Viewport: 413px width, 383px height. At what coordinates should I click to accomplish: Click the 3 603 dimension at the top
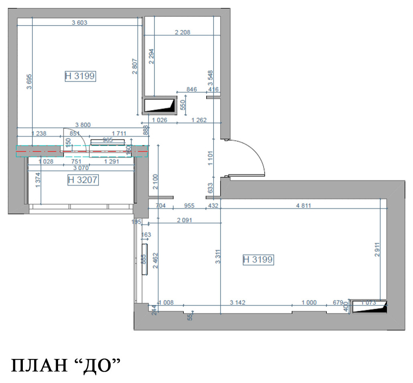click(x=79, y=23)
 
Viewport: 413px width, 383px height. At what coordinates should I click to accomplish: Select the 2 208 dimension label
click(x=182, y=32)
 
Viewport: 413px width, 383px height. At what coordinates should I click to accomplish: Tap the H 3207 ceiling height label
click(x=83, y=180)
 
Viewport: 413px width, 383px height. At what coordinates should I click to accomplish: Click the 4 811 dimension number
click(x=304, y=206)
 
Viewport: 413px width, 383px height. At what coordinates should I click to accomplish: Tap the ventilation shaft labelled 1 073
click(x=369, y=306)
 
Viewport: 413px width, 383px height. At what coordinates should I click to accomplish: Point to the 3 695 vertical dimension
click(x=29, y=82)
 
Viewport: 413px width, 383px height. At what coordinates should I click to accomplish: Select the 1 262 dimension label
click(x=199, y=120)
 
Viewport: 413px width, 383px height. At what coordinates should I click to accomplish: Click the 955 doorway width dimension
click(x=189, y=206)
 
